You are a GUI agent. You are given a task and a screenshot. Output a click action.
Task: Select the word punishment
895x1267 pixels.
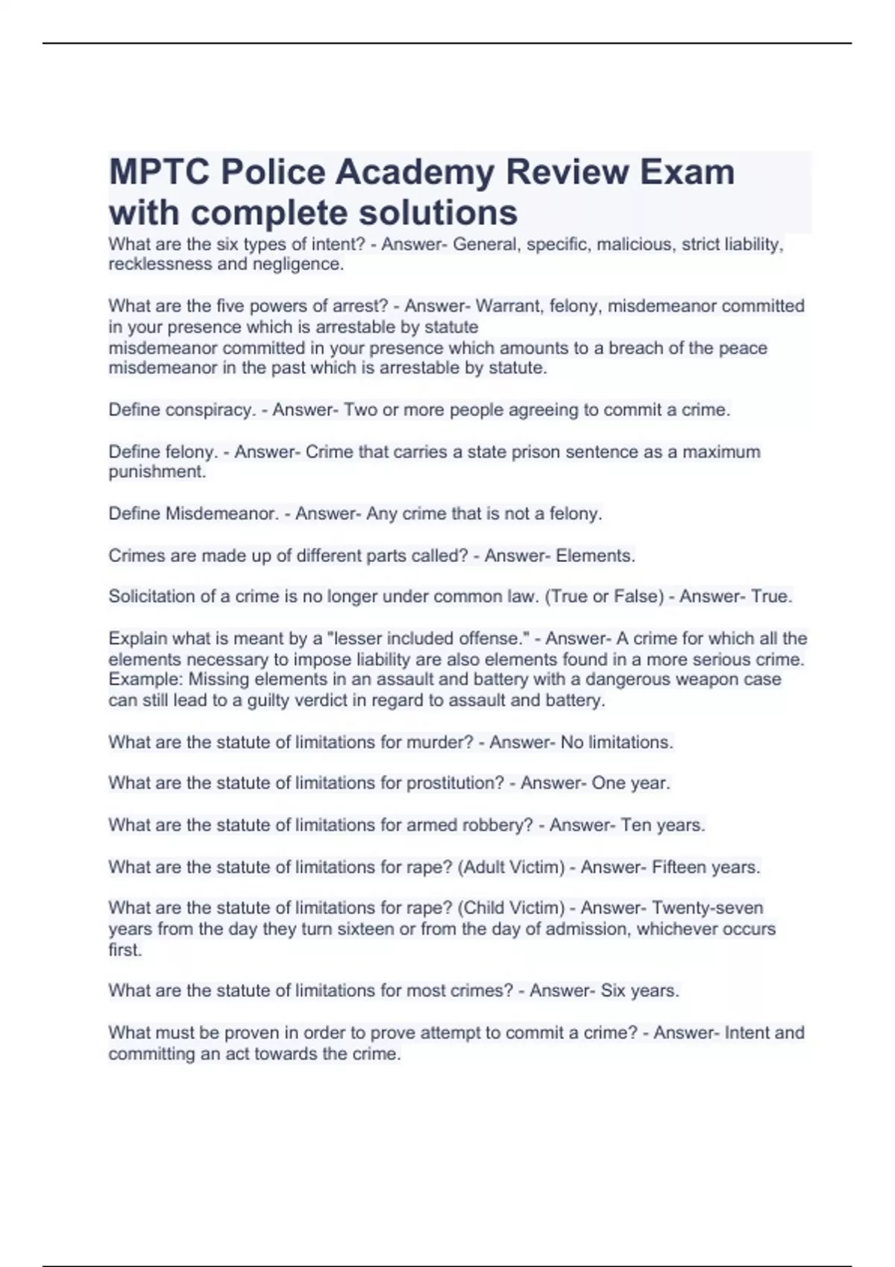pyautogui.click(x=157, y=473)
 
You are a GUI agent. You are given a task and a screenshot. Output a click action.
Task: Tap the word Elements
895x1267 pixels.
pyautogui.click(x=595, y=556)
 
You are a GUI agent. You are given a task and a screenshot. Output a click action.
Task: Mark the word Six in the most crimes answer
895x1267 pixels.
pyautogui.click(x=613, y=991)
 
